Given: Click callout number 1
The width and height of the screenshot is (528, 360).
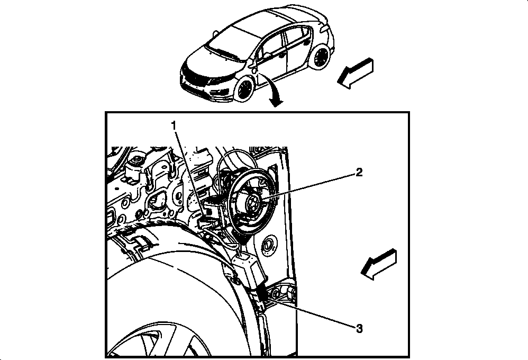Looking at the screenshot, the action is click(x=174, y=126).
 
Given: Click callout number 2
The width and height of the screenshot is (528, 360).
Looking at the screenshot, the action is click(x=359, y=173).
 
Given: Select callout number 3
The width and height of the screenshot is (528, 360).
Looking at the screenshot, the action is click(x=359, y=328).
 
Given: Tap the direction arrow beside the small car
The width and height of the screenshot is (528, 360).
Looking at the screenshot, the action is click(x=355, y=73).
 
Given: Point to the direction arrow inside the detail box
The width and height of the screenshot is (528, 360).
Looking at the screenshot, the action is click(x=378, y=264).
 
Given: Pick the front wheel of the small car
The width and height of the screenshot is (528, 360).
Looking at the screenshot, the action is click(x=244, y=88).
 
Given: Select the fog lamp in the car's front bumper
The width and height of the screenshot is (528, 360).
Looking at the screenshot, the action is click(x=214, y=91).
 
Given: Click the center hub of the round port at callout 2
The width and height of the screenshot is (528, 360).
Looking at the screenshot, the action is click(x=251, y=202).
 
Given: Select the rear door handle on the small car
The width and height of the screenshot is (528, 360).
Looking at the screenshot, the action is click(x=307, y=42).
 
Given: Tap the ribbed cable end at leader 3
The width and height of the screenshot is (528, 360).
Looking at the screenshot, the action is click(x=262, y=294).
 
